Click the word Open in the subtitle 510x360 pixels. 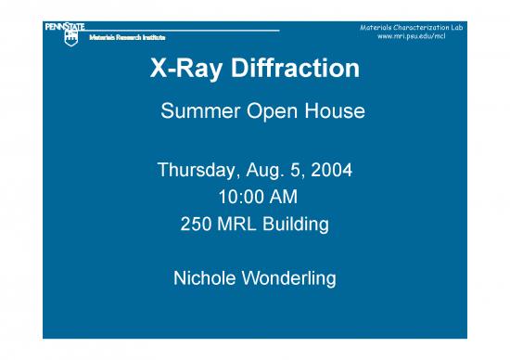pos(272,113)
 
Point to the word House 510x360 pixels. pos(334,113)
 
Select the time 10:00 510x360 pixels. pos(236,198)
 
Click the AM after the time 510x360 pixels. pos(281,198)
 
